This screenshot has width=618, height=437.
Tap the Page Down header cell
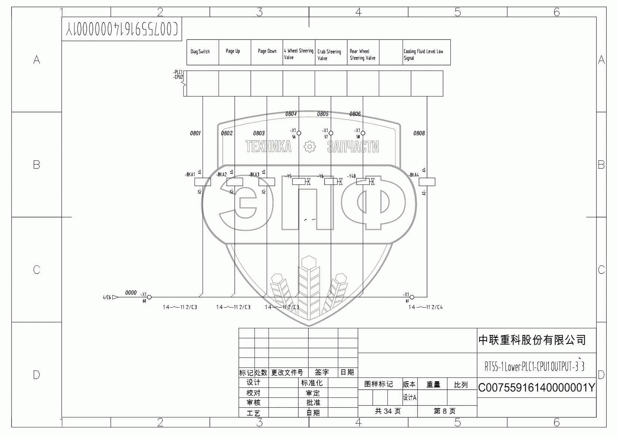point(267,52)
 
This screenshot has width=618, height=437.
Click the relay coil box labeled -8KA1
point(202,182)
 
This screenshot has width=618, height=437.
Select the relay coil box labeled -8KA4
point(427,182)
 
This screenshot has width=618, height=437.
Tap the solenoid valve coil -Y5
point(299,182)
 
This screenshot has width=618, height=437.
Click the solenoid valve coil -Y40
point(363,182)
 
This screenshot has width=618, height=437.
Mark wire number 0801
point(195,133)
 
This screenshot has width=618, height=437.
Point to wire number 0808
point(419,133)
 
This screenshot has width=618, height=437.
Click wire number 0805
point(323,114)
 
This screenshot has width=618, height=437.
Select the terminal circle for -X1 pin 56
point(299,133)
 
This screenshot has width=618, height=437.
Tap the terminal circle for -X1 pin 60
point(150,297)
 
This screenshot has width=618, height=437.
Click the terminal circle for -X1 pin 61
point(412,297)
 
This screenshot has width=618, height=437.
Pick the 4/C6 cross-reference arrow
point(115,297)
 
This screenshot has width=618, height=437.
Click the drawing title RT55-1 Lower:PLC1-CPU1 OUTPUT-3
point(534,366)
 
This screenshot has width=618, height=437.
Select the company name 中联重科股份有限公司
point(532,340)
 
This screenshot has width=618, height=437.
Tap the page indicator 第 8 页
point(444,411)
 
